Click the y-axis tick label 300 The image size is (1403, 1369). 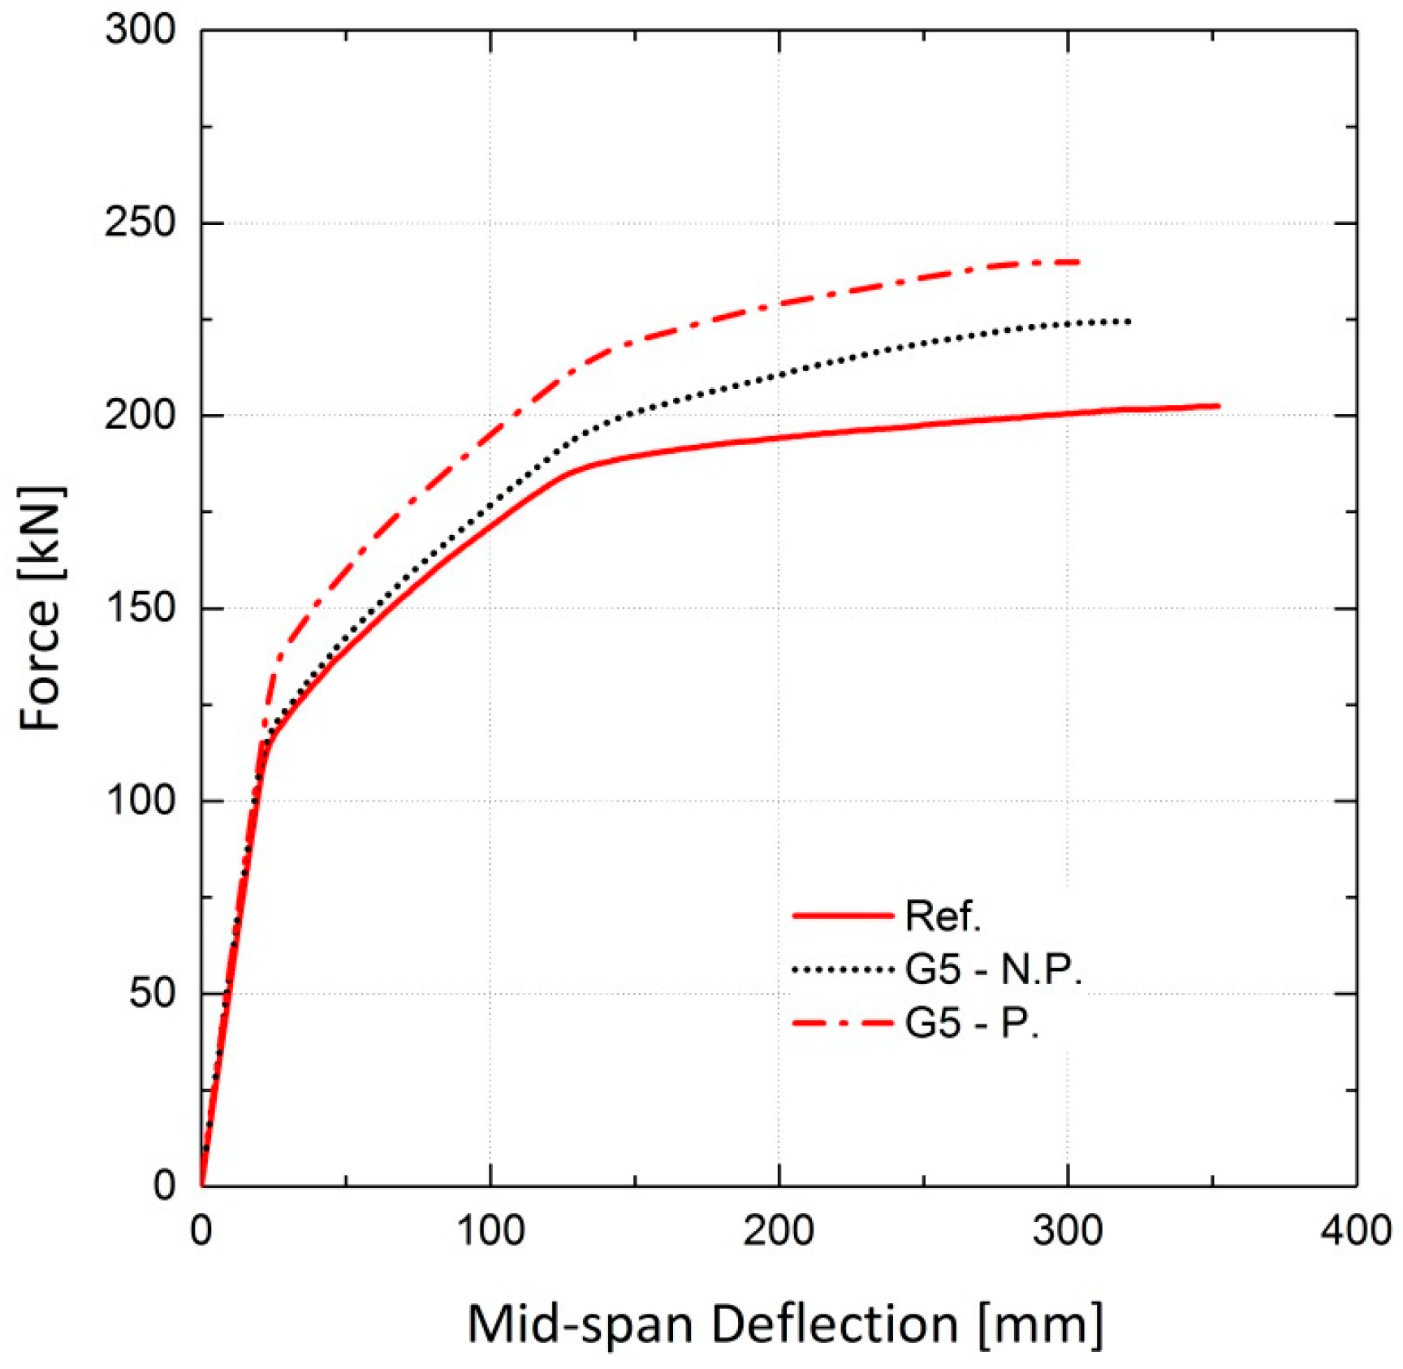pos(140,31)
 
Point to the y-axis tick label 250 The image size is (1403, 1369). pos(140,222)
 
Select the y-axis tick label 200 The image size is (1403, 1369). pos(140,415)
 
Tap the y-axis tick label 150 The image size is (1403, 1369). pos(140,607)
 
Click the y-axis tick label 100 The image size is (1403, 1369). pos(140,800)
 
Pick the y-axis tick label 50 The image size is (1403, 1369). pos(153,992)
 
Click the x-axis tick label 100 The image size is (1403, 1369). pos(490,1231)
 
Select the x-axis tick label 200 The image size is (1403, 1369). pos(779,1231)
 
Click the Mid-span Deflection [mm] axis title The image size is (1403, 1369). pos(785,1324)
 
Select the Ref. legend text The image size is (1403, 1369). pos(943,916)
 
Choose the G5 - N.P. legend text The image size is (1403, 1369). pos(993,969)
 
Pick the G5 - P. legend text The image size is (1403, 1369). pos(972,1022)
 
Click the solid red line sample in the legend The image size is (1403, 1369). pos(842,916)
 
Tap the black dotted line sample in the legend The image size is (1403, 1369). pos(842,970)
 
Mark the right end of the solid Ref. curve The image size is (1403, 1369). pos(1218,406)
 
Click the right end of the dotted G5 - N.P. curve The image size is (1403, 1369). pos(1129,322)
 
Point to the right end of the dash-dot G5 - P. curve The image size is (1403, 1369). pos(1078,262)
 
